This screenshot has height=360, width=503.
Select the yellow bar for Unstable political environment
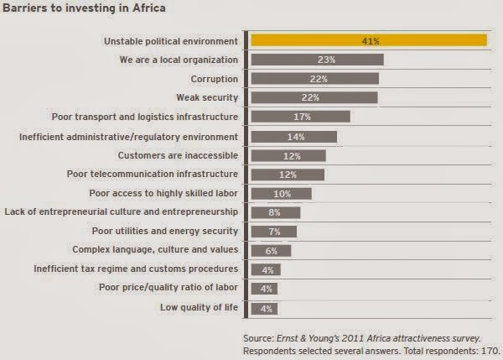click(x=369, y=40)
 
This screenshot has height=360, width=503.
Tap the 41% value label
click(x=369, y=40)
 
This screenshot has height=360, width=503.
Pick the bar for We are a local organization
click(x=317, y=60)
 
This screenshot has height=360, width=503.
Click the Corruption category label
click(x=213, y=79)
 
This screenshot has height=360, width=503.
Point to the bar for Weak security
click(x=314, y=97)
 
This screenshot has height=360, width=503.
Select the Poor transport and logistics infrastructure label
click(x=155, y=117)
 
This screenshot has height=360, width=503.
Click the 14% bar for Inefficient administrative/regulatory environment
click(x=294, y=136)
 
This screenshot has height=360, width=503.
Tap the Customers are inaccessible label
click(x=178, y=155)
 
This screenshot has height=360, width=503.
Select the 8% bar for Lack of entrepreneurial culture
click(x=276, y=212)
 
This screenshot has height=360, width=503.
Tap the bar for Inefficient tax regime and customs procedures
click(x=266, y=269)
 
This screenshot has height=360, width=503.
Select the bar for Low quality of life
click(x=266, y=307)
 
